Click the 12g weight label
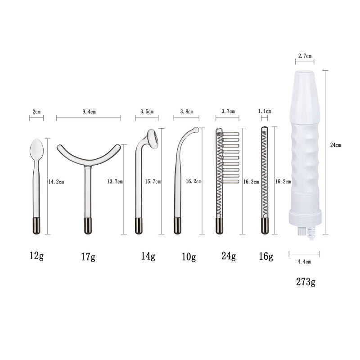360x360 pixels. pyautogui.click(x=36, y=256)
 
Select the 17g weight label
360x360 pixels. pyautogui.click(x=88, y=257)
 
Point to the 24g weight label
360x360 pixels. pyautogui.click(x=229, y=256)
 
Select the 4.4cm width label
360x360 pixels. pyautogui.click(x=305, y=261)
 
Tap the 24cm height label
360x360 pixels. pyautogui.click(x=335, y=145)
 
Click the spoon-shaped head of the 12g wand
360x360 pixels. pyautogui.click(x=36, y=147)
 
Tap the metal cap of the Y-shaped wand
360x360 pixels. pyautogui.click(x=88, y=225)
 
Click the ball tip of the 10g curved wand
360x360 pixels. pyautogui.click(x=195, y=130)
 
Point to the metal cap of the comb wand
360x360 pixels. pyautogui.click(x=219, y=225)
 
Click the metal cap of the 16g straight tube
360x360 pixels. pyautogui.click(x=265, y=226)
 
